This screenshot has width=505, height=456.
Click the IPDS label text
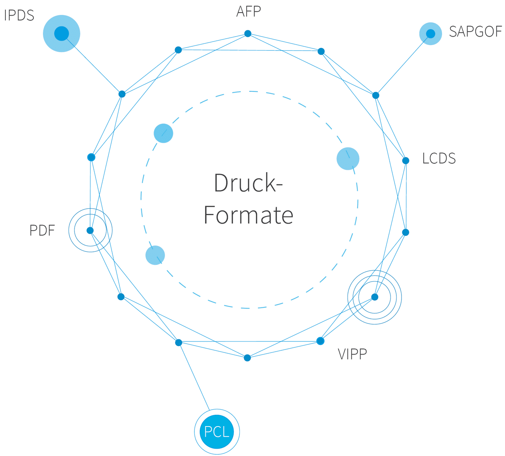[19, 16]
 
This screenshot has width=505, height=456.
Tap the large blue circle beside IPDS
[61, 33]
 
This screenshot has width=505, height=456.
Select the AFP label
[248, 11]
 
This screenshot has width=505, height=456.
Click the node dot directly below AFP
[248, 34]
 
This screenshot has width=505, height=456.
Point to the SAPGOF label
[475, 32]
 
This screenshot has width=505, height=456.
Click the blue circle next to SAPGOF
[431, 34]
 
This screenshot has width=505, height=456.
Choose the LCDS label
[439, 159]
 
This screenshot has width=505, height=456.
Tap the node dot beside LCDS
[406, 160]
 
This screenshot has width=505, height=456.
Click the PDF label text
[42, 231]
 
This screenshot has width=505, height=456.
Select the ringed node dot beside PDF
[90, 230]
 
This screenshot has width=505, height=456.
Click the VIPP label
[352, 354]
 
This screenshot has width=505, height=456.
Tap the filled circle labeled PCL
[217, 432]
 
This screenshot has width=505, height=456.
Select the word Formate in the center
[248, 215]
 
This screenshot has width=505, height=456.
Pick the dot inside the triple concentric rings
[375, 297]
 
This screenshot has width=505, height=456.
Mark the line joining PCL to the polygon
[194, 377]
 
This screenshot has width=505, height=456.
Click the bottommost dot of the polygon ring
[247, 358]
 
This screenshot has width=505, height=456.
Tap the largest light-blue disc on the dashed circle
[348, 159]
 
